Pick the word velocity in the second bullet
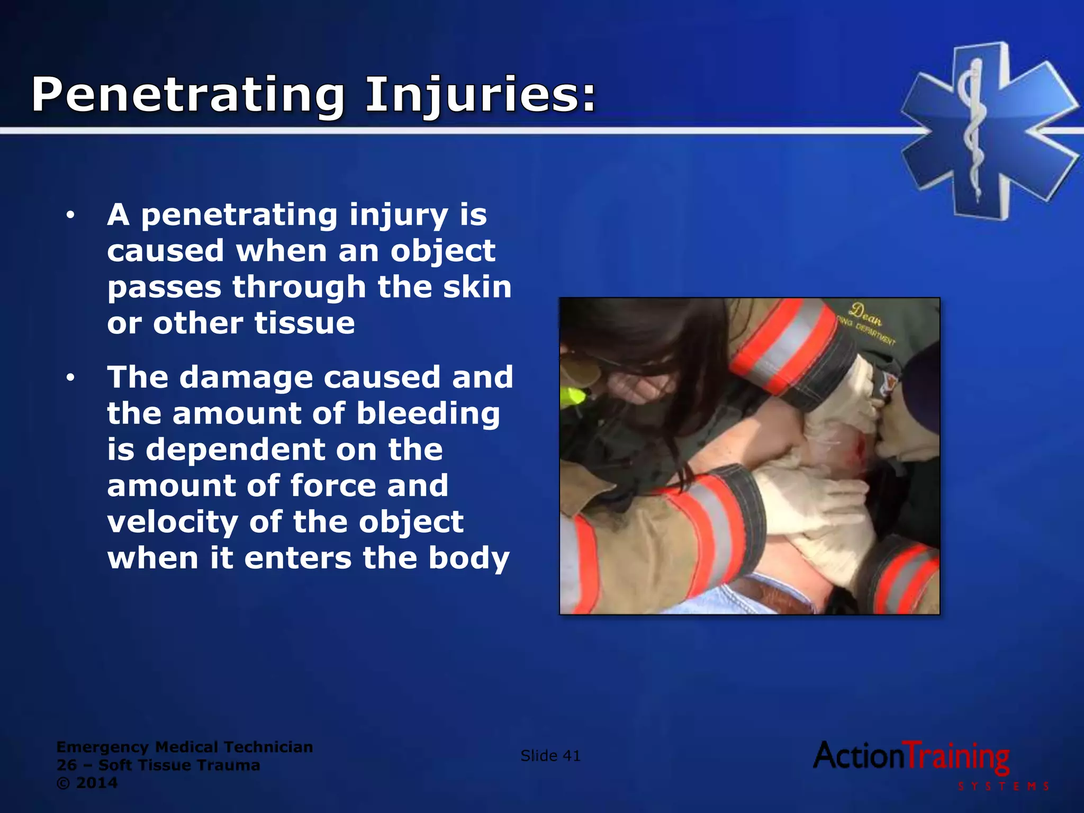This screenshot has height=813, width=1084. (172, 522)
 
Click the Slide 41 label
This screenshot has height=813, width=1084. (550, 756)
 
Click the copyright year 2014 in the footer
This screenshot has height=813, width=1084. (96, 783)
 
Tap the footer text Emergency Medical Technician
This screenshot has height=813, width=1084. (184, 747)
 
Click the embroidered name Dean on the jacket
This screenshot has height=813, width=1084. (865, 314)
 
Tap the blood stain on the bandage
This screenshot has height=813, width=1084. (857, 448)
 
